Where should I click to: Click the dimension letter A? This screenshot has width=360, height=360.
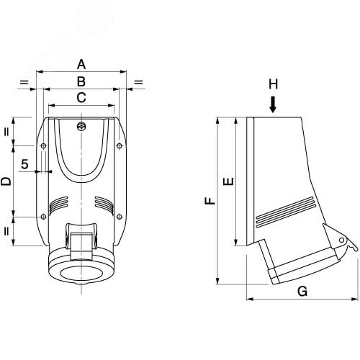tap(81, 64)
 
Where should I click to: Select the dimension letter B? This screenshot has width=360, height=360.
tap(81, 81)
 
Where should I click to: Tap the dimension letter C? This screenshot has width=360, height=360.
tap(81, 98)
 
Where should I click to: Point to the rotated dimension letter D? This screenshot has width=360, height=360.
tap(6, 181)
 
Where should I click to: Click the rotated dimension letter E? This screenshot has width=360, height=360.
tap(228, 181)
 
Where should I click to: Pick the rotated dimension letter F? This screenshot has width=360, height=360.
tap(210, 201)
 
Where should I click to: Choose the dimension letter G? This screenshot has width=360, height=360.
tap(302, 291)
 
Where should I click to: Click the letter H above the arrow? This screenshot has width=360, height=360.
tap(273, 84)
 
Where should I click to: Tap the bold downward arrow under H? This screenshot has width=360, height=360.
tap(273, 104)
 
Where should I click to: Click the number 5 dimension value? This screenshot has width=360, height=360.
tap(24, 164)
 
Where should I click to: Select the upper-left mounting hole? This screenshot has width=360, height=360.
tap(43, 145)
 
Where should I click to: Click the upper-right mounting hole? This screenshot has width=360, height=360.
tap(120, 145)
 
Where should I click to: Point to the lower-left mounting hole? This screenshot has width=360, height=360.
tap(43, 217)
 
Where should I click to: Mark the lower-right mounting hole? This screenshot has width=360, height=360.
tap(120, 217)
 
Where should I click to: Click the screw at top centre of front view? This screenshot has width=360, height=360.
tap(81, 126)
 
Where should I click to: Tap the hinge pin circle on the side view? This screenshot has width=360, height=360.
tap(341, 240)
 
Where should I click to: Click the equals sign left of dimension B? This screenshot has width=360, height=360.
tap(24, 83)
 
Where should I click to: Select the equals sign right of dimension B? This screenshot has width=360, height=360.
tap(138, 83)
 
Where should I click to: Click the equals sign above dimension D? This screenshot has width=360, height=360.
tap(6, 132)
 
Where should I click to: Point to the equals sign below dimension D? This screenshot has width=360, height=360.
tap(6, 231)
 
